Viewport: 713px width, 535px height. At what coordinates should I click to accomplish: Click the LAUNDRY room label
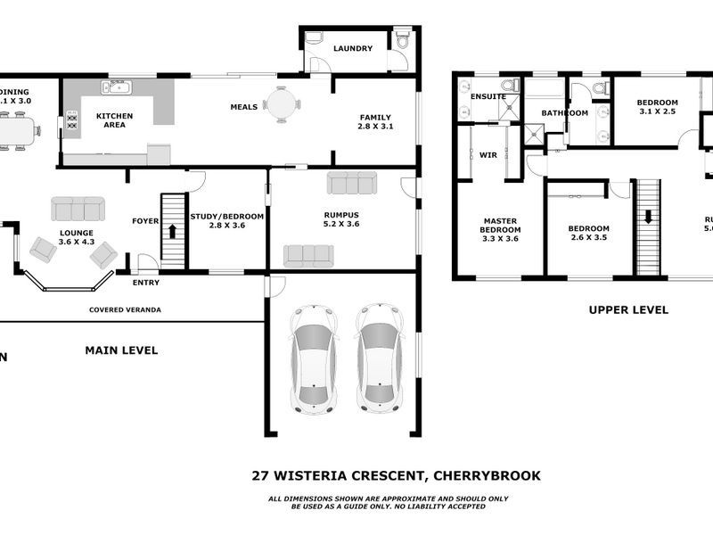[353, 49]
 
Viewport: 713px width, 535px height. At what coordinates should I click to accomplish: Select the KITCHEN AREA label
[114, 120]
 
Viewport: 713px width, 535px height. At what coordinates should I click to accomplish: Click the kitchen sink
[117, 87]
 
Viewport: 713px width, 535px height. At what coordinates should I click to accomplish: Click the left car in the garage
[315, 358]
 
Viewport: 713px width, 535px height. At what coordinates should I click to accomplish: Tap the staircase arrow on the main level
[172, 230]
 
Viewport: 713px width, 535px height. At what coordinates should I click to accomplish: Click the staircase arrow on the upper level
[648, 217]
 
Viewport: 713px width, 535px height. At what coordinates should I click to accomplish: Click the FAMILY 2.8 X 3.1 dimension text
[375, 127]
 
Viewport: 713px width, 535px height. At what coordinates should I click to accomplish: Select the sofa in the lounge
[78, 209]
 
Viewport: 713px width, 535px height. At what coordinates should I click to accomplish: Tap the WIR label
[488, 155]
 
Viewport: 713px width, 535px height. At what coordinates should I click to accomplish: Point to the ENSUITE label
[488, 96]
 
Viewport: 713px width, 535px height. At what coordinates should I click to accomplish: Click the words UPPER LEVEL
[627, 310]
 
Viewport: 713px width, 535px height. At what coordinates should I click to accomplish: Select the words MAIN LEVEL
[121, 350]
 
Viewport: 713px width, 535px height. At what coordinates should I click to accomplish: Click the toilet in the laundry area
[402, 40]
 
